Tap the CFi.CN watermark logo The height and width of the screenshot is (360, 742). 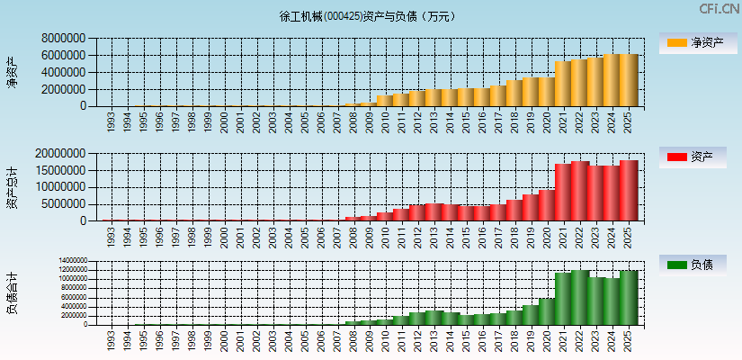point(719,9)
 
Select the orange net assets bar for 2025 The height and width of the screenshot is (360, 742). point(628,80)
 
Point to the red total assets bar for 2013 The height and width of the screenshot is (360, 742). point(434,211)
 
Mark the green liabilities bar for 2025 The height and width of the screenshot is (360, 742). point(628,297)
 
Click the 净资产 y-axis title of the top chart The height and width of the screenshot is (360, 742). point(12,72)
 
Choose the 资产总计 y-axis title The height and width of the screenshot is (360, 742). point(12,187)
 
